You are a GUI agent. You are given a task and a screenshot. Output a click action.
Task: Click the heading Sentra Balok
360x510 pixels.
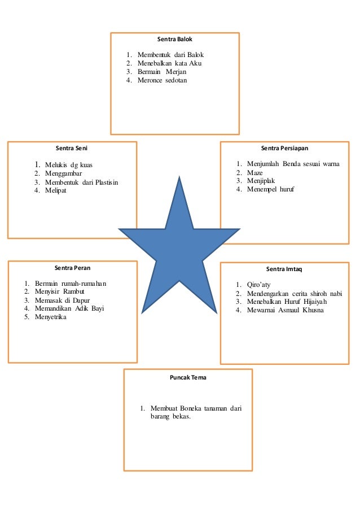[x=175, y=41]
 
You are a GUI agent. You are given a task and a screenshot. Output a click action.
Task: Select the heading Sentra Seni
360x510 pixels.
[x=72, y=149]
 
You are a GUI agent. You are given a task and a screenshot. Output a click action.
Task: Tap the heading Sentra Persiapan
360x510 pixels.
[x=284, y=149]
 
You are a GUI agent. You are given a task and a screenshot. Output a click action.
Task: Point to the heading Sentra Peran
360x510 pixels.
[x=72, y=268]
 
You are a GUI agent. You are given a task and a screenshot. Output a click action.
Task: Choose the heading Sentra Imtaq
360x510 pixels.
[x=284, y=269]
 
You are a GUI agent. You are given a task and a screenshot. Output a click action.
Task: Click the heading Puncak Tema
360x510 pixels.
[x=188, y=377]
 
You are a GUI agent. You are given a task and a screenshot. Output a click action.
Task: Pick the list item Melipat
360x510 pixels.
[x=56, y=190]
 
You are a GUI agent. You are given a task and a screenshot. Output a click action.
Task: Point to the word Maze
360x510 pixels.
[x=255, y=172]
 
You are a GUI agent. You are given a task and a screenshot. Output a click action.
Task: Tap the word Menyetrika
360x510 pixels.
[x=51, y=317]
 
